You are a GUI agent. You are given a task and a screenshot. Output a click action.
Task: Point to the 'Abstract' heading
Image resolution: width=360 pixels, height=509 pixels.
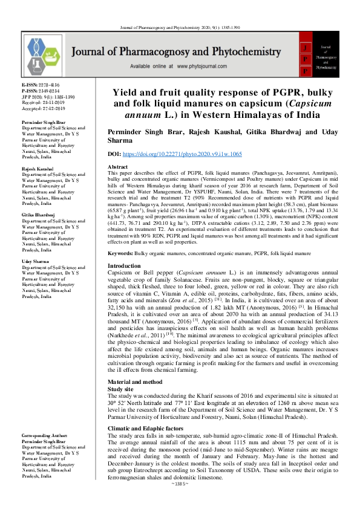(117, 166)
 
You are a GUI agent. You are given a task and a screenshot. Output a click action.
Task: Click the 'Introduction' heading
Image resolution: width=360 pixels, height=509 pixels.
(124, 266)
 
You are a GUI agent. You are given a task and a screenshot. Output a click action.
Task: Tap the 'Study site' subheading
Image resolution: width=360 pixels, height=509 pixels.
(120, 373)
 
